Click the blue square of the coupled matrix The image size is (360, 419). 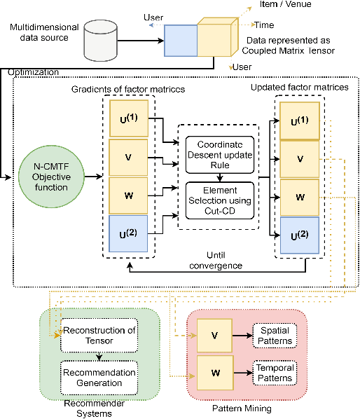tap(181, 41)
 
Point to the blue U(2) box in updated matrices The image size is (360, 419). tap(300, 235)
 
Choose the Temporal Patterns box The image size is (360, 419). tap(275, 371)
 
